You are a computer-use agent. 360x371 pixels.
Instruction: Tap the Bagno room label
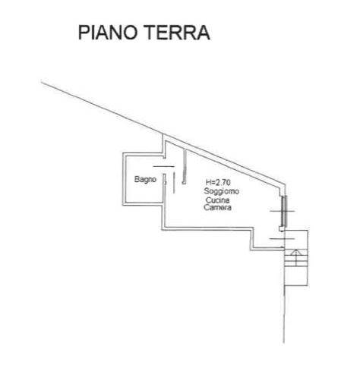[x=145, y=179]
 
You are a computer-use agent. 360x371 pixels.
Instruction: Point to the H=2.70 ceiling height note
[x=218, y=182]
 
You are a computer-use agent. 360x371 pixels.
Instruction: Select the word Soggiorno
[x=222, y=191]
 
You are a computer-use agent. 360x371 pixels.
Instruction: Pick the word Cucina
[x=217, y=200]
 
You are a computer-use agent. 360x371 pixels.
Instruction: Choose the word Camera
[x=217, y=208]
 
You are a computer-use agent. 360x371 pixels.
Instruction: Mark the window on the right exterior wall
[x=284, y=211]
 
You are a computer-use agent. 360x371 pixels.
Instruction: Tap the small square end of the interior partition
[x=184, y=182]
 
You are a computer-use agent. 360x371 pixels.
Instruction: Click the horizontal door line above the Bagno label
[x=164, y=166]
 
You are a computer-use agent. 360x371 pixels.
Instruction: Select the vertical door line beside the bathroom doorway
[x=174, y=183]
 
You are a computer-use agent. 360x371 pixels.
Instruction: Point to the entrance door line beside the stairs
[x=282, y=238]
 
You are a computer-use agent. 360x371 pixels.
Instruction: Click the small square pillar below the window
[x=282, y=228]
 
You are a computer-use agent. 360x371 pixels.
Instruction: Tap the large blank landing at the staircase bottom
[x=296, y=276]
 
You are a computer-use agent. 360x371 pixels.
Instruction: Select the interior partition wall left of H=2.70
[x=185, y=166]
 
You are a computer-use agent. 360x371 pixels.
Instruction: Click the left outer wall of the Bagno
[x=124, y=179]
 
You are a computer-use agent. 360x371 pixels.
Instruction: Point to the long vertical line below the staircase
[x=284, y=314]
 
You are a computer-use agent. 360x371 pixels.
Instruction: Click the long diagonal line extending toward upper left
[x=102, y=107]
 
